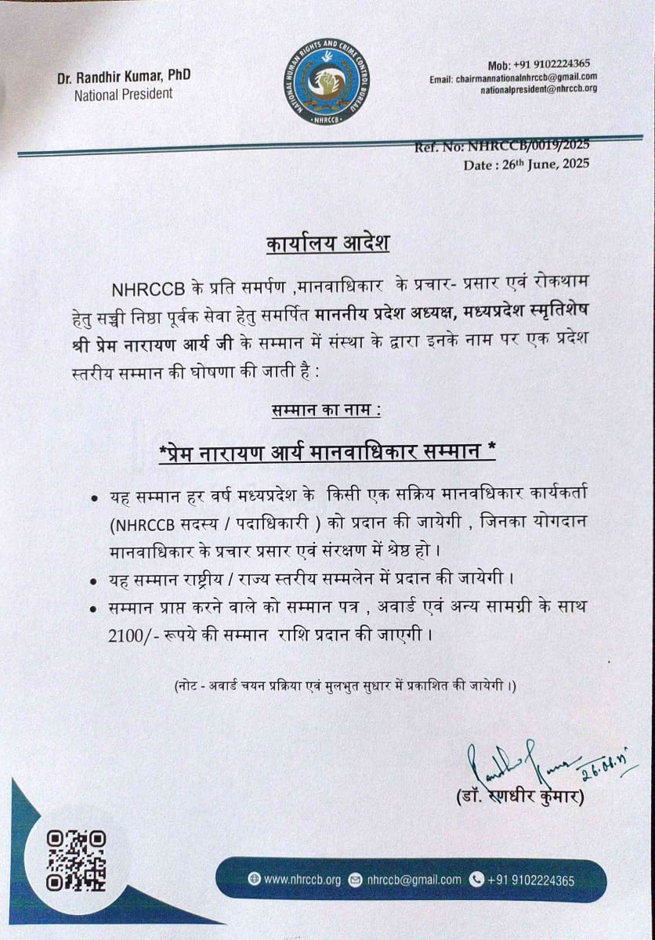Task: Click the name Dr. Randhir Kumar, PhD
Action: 124,77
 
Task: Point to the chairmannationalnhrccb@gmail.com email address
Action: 513,77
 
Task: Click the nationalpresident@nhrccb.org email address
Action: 539,89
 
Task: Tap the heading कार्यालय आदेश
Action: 326,244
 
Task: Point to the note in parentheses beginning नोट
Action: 345,686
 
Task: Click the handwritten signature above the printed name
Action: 517,762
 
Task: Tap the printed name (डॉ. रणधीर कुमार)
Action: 520,797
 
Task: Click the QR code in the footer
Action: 76,860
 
